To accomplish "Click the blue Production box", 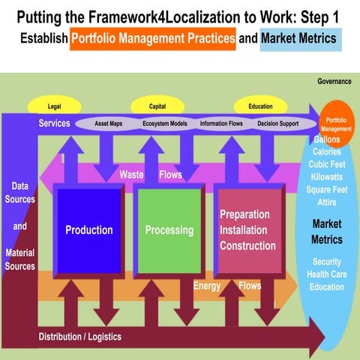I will click(x=88, y=230).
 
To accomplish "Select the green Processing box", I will click(x=169, y=230).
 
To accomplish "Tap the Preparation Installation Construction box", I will click(x=247, y=230).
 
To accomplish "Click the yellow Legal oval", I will click(x=54, y=107).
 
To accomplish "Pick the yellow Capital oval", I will click(x=157, y=107).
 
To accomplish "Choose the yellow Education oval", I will click(x=261, y=107).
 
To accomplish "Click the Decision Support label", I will click(x=278, y=123).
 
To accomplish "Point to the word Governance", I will click(x=334, y=81).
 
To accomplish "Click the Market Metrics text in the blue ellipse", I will click(x=327, y=232).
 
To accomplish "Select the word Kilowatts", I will click(x=327, y=177).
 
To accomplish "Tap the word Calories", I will click(x=327, y=152).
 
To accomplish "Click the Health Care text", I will click(x=327, y=274).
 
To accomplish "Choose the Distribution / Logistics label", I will click(x=79, y=337).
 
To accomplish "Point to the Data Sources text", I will click(x=20, y=193).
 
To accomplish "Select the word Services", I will click(x=55, y=123).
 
